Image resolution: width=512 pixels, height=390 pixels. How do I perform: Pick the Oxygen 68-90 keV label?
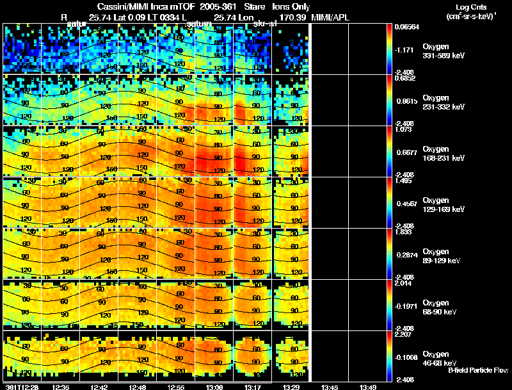[x=442, y=307]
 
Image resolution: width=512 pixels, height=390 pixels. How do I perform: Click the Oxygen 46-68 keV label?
[x=442, y=358]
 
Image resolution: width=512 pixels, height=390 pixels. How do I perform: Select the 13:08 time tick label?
[x=214, y=387]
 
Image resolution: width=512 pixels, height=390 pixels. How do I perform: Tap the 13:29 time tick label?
[x=291, y=387]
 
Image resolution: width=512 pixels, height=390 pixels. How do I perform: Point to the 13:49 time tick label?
[x=367, y=387]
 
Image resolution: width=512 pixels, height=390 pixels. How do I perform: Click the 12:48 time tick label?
[x=138, y=387]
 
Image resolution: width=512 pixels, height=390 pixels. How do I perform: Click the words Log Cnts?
[x=472, y=6]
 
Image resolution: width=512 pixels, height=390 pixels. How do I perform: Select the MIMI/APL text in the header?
[x=331, y=17]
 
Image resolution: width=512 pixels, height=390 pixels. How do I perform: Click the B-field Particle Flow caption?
[x=477, y=370]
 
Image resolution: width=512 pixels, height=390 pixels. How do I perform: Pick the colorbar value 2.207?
[x=403, y=334]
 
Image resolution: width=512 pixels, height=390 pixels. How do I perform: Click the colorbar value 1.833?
[x=403, y=232]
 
